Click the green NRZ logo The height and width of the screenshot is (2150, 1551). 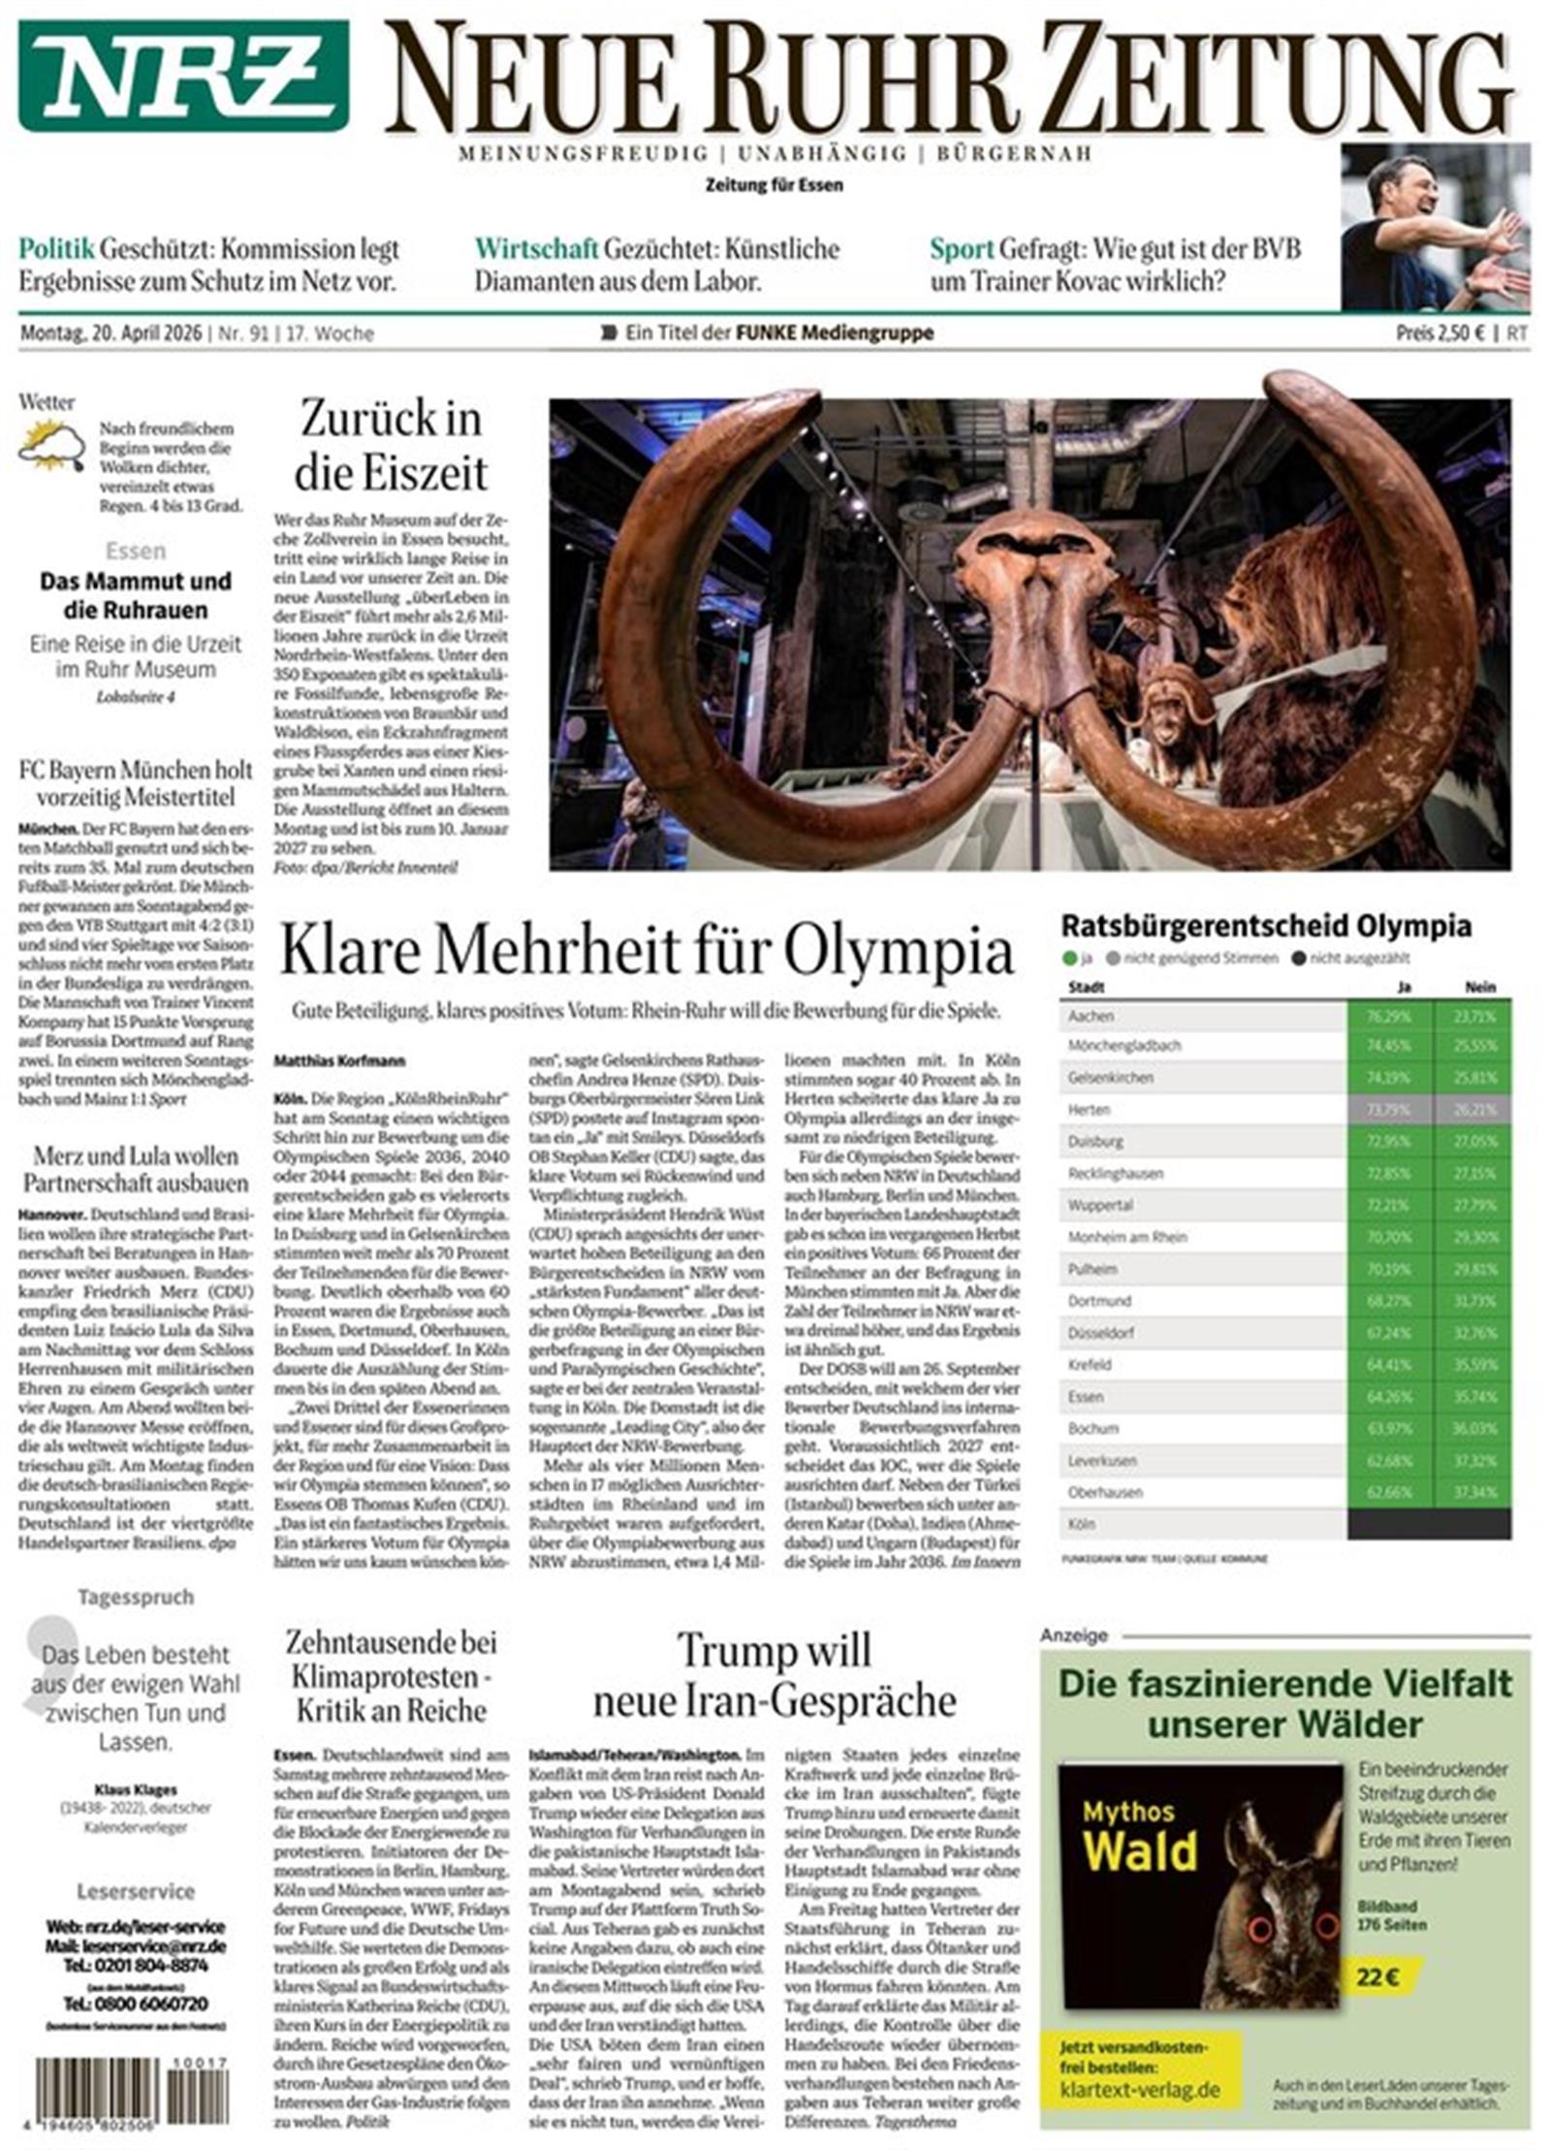[183, 75]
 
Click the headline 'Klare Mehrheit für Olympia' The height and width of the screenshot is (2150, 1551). [647, 951]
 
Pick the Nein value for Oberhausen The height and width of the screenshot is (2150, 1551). [1473, 1493]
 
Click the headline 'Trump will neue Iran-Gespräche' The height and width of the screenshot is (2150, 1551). [774, 1675]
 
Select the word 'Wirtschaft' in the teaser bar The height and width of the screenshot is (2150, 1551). [536, 249]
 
